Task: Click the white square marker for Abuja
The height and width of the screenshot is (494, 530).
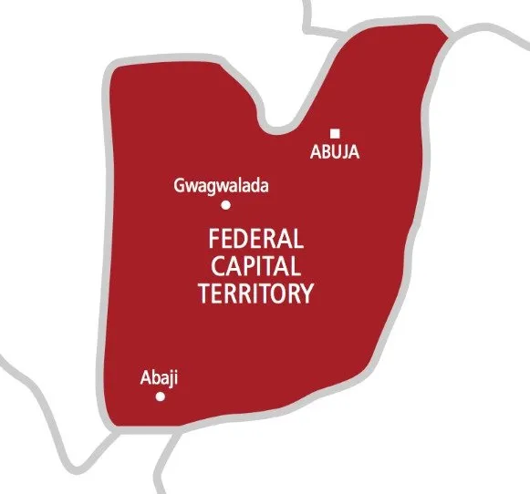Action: [x=336, y=133]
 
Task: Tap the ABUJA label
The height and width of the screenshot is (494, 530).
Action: [x=335, y=152]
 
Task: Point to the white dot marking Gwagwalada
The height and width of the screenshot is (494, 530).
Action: [x=225, y=205]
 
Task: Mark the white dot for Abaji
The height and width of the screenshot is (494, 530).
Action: [x=161, y=396]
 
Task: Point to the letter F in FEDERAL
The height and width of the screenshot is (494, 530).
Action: [x=215, y=241]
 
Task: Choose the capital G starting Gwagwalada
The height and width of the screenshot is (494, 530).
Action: [x=179, y=187]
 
